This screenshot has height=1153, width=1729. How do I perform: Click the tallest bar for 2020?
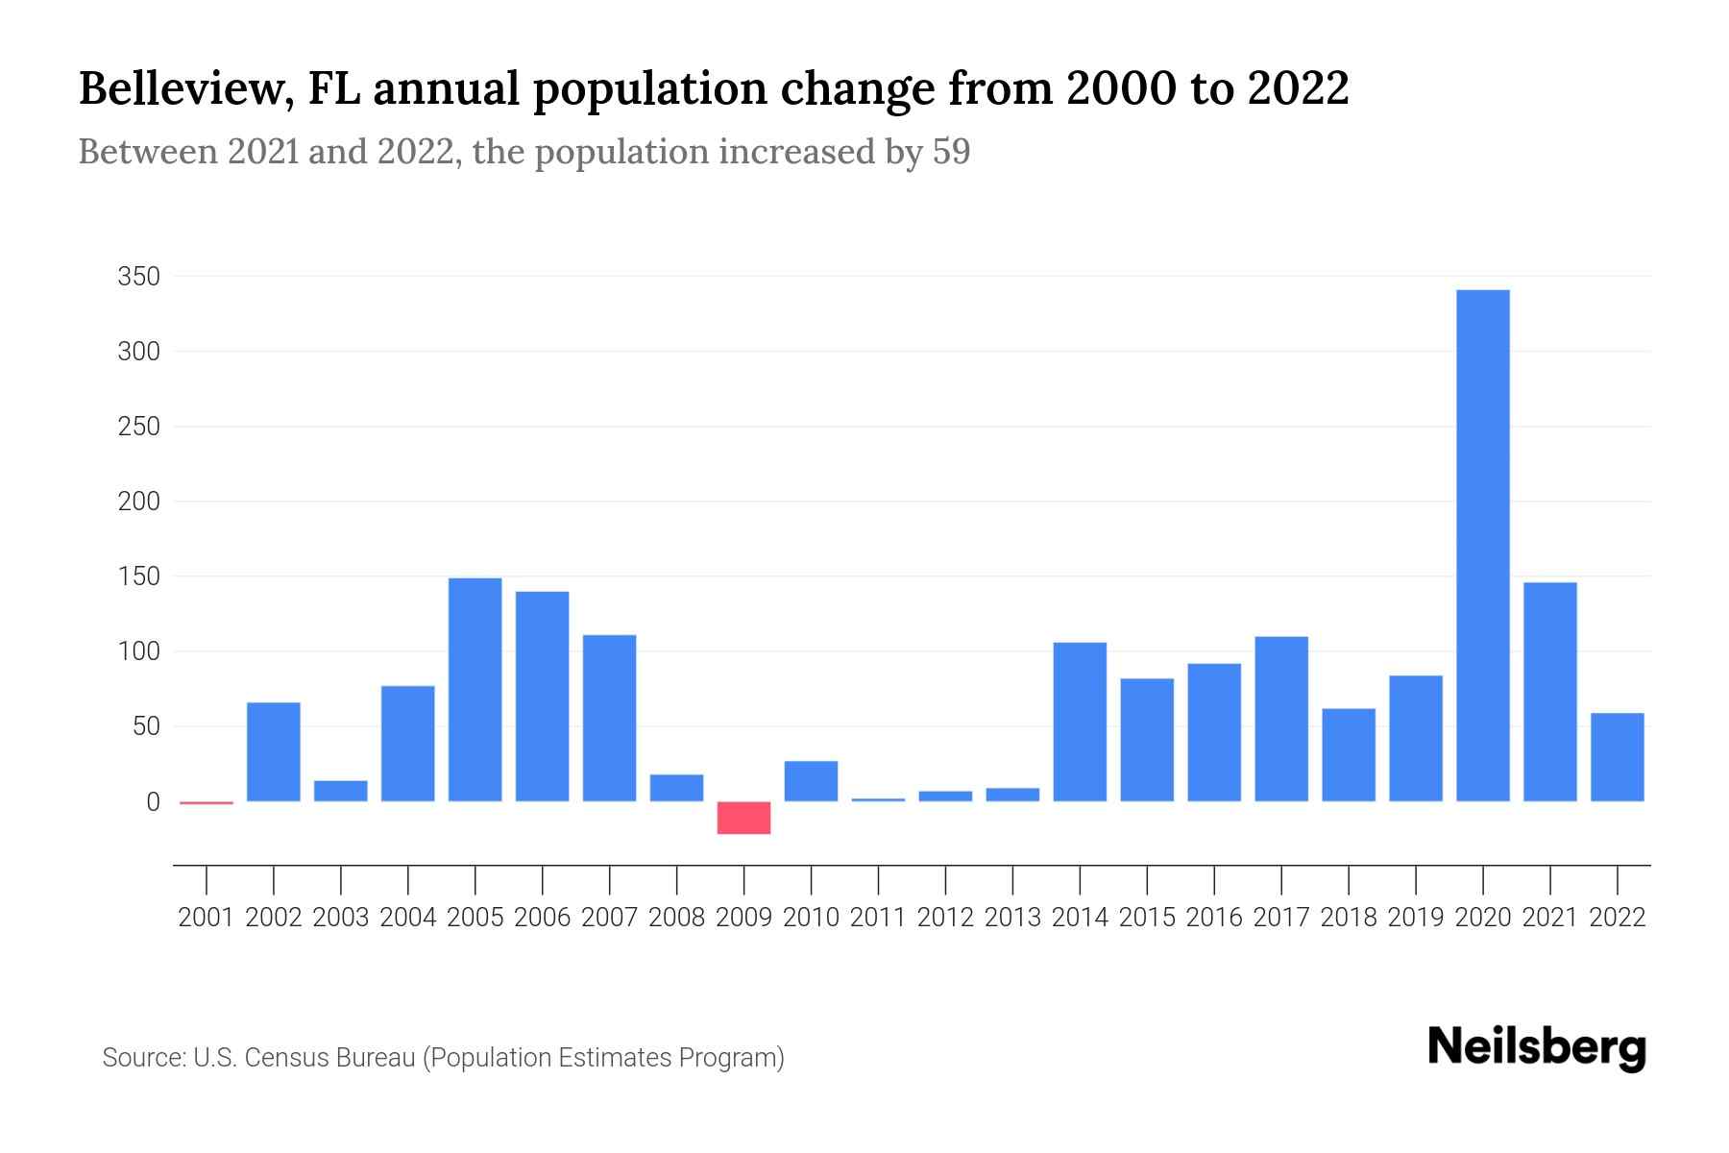tap(1483, 545)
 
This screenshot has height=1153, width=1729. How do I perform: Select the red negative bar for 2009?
tap(743, 818)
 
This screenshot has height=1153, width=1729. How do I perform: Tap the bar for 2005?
tap(475, 689)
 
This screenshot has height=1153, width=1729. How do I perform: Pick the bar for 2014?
tap(1080, 722)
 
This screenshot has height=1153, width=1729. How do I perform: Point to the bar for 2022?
tap(1618, 757)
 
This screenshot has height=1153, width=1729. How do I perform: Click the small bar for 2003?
tap(341, 791)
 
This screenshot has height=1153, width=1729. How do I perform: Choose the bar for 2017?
tap(1281, 719)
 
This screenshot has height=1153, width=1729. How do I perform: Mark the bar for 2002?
tap(274, 751)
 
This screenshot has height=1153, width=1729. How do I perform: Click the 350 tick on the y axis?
tap(138, 277)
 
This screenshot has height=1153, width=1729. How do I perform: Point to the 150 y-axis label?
tap(138, 576)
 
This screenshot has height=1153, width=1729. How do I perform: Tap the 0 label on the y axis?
tap(152, 801)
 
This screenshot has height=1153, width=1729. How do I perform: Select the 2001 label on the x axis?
tap(206, 918)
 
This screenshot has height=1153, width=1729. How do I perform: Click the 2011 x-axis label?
tap(878, 918)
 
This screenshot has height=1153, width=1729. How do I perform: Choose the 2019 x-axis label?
tap(1416, 918)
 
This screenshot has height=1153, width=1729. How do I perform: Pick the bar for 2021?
tap(1550, 692)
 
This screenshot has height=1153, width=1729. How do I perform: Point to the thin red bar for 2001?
tap(207, 802)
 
